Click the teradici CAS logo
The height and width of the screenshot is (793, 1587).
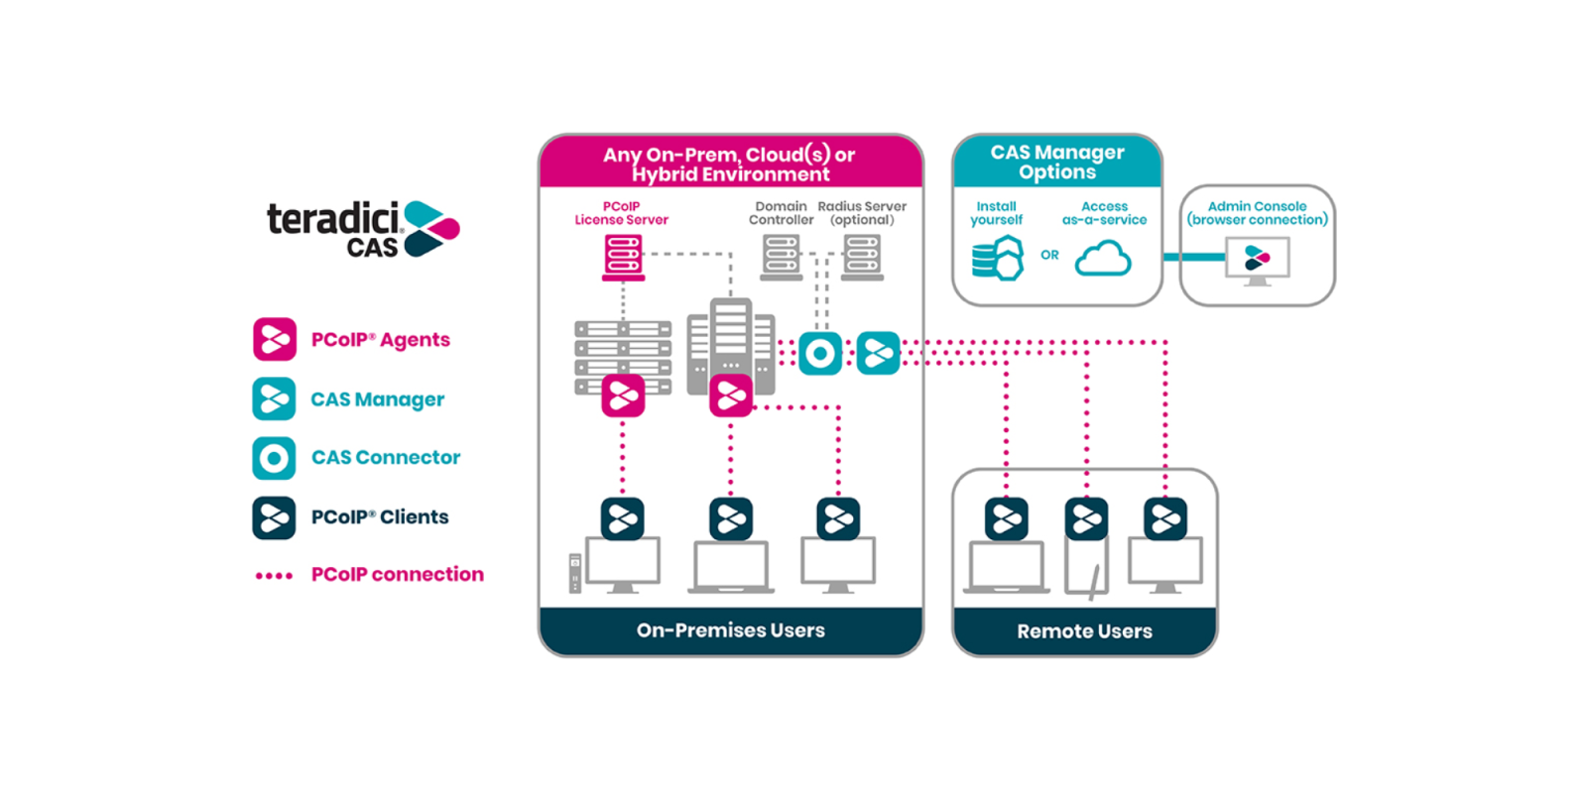click(362, 229)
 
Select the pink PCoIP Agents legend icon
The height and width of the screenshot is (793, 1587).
click(275, 339)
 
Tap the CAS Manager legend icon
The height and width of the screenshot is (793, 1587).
click(274, 398)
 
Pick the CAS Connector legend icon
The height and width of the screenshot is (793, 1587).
click(274, 458)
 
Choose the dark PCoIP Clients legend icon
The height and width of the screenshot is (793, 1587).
click(274, 517)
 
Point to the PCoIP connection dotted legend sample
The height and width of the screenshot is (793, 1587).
click(274, 576)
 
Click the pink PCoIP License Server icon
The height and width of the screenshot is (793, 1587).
click(623, 257)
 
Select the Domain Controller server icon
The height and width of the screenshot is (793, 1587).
click(782, 257)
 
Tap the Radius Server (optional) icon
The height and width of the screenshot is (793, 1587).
click(862, 257)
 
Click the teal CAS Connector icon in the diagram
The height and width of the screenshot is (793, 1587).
click(820, 353)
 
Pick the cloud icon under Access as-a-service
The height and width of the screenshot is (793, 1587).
click(1103, 259)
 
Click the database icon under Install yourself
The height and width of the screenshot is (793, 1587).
click(997, 260)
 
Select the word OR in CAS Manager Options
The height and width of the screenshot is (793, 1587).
click(1049, 255)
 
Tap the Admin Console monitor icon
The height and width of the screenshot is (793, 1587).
click(1257, 262)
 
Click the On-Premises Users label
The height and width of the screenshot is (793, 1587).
click(731, 630)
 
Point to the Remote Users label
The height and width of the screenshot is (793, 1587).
click(1084, 631)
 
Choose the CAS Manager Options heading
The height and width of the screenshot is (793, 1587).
click(1057, 162)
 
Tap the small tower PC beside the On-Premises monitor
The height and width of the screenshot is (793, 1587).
click(575, 573)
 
